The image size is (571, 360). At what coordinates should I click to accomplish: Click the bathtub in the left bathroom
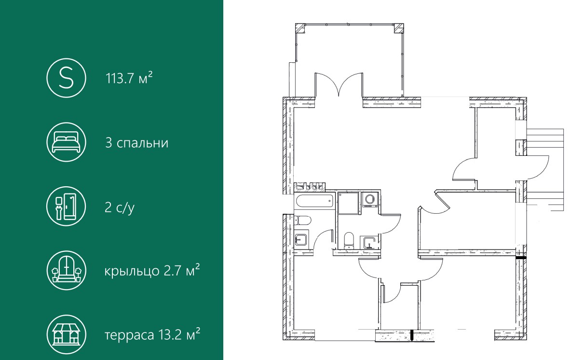tap(314, 201)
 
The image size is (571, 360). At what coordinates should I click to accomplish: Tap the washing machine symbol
tap(369, 200)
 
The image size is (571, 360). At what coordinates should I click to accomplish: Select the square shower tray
tap(349, 203)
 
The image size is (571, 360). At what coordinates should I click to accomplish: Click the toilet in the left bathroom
tap(302, 221)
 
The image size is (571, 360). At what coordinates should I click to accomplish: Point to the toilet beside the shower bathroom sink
tap(349, 241)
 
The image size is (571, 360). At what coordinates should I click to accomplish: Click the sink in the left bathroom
tap(301, 240)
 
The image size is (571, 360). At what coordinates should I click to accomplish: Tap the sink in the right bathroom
tap(369, 242)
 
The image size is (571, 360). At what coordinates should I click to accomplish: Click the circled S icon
tap(66, 78)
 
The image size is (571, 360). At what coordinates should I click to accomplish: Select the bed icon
tap(66, 142)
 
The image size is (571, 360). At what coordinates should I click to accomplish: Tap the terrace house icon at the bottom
tap(66, 334)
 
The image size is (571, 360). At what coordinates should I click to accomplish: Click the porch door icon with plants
tap(66, 270)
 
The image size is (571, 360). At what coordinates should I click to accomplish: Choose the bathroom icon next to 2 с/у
tap(66, 206)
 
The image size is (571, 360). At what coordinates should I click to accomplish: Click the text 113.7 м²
tap(129, 78)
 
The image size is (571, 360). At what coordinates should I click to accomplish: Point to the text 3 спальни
tap(137, 143)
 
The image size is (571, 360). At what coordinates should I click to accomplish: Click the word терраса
tap(129, 335)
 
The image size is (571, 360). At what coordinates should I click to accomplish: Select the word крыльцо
tap(132, 271)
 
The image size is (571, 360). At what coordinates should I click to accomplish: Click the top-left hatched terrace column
tap(299, 28)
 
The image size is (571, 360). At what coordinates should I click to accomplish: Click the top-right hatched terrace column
tap(398, 28)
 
